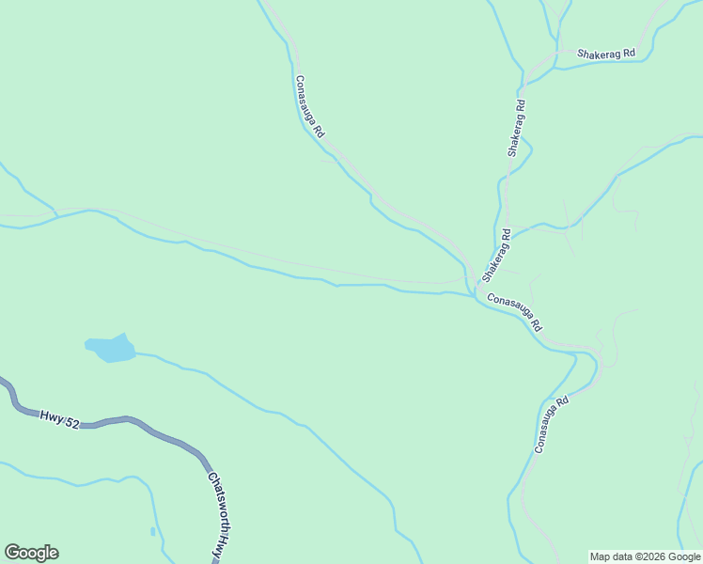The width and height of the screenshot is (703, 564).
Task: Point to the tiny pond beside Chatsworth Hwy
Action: [x=153, y=532]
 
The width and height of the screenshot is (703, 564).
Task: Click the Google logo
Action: [x=31, y=553]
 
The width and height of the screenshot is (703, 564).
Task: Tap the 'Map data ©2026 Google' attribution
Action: [x=646, y=556]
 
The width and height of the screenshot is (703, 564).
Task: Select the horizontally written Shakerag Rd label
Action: [x=606, y=54]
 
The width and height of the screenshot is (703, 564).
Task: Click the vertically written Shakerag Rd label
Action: [x=515, y=128]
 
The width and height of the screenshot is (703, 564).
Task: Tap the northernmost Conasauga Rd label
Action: [x=309, y=107]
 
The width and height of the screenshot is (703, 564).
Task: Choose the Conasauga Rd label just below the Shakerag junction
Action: [x=515, y=311]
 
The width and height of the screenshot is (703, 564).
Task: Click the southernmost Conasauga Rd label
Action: [x=552, y=426]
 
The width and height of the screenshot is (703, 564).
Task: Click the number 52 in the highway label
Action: [x=72, y=421]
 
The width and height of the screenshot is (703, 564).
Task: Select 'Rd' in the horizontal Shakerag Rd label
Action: [x=629, y=54]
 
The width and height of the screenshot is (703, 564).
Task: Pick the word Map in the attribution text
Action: [x=601, y=556]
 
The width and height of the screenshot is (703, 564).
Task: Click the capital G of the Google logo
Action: [x=12, y=553]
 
